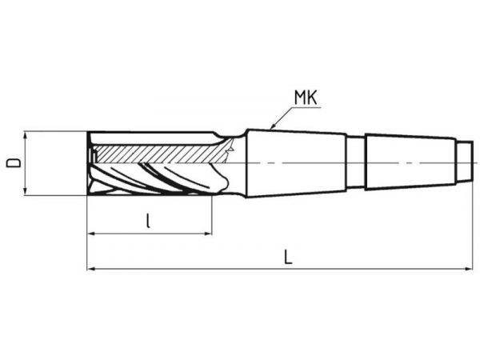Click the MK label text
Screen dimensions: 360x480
tap(306, 98)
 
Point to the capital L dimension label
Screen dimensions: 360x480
tap(288, 257)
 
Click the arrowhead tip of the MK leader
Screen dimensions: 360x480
tap(270, 128)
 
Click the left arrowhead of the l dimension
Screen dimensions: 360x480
tap(90, 234)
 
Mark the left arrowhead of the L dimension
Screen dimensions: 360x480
tap(90, 269)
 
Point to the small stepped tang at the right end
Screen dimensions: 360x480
tap(463, 162)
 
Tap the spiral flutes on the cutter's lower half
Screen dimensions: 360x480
tap(152, 178)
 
